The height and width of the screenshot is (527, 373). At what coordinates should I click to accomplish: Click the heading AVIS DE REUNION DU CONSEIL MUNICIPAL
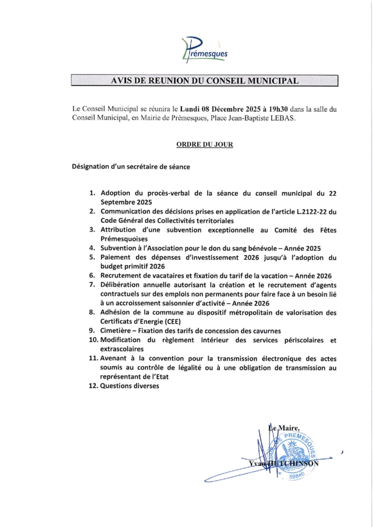204,81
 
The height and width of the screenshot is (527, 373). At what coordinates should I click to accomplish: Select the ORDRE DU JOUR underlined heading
201,145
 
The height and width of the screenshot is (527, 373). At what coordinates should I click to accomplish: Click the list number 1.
92,194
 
